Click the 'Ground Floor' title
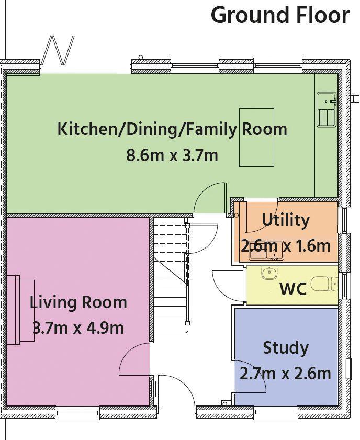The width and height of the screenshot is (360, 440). (x=280, y=15)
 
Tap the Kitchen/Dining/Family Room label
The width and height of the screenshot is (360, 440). (x=172, y=129)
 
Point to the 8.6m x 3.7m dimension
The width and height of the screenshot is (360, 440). (x=172, y=155)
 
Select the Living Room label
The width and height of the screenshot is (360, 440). (x=78, y=302)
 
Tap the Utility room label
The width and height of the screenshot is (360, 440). (x=286, y=220)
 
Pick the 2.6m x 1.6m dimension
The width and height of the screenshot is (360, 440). (x=286, y=246)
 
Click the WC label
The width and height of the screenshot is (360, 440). (x=293, y=288)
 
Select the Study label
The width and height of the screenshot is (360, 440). (x=285, y=348)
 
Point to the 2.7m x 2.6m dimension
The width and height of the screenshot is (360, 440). (x=286, y=374)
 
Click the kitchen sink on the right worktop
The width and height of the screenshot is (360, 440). (x=327, y=109)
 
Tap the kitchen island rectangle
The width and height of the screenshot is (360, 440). (x=256, y=138)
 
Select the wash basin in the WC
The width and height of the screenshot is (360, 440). (x=269, y=272)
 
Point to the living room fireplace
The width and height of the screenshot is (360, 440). (x=20, y=310)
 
